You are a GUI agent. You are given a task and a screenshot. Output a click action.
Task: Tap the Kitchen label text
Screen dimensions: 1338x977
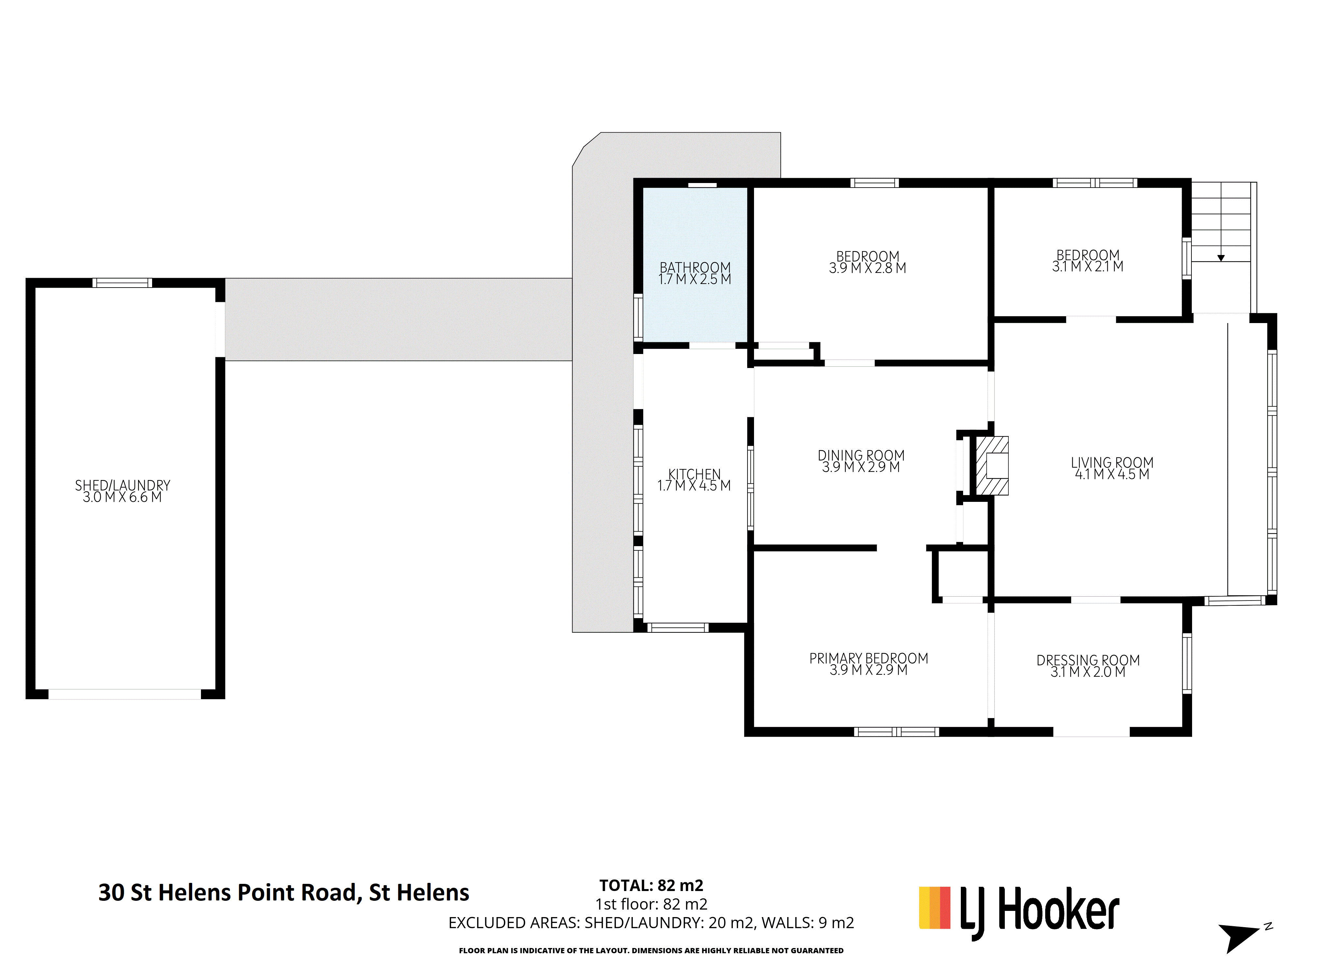(x=694, y=474)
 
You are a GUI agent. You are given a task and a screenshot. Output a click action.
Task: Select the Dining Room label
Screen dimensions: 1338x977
(x=861, y=455)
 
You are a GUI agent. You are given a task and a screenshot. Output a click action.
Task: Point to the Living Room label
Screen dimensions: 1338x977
(x=1112, y=462)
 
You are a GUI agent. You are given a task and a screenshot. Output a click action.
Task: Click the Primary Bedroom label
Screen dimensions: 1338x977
(x=868, y=658)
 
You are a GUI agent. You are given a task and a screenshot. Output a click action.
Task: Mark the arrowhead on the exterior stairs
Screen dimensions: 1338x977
(x=1221, y=258)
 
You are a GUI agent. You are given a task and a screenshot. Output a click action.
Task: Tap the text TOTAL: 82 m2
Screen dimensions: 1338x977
(x=651, y=885)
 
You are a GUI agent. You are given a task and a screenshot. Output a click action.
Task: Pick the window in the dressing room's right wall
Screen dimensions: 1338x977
(x=1187, y=663)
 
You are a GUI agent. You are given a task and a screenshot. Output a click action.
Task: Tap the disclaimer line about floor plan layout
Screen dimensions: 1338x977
(x=651, y=950)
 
